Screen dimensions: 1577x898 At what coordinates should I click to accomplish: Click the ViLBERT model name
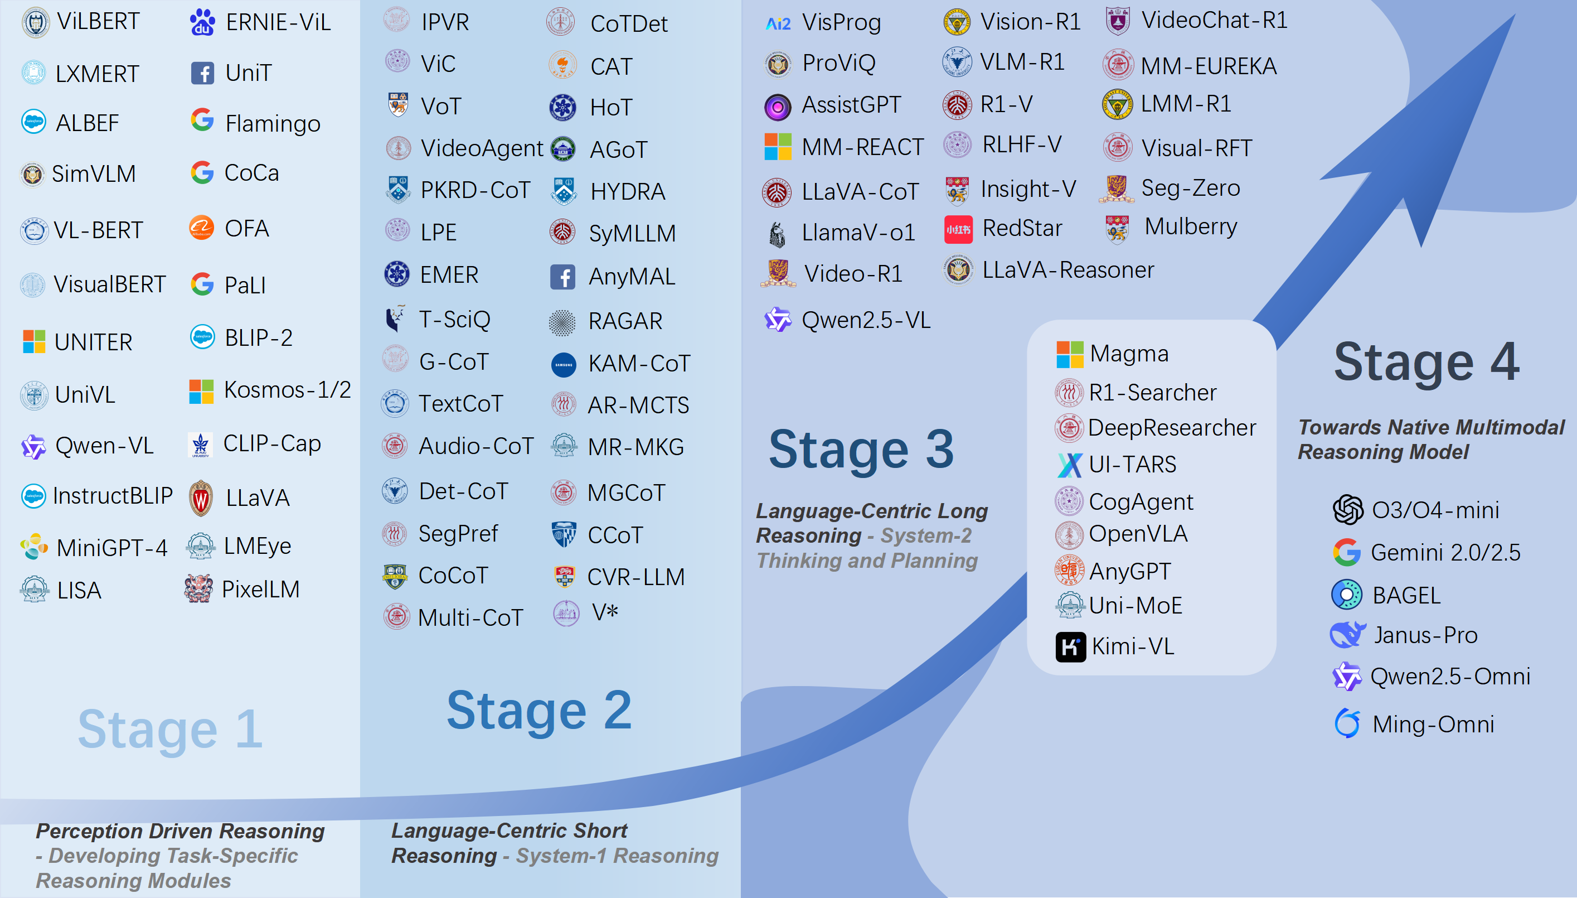pyautogui.click(x=99, y=22)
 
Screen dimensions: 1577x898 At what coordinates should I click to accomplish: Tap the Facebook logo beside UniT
pyautogui.click(x=202, y=73)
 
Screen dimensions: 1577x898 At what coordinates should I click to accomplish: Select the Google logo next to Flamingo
pyautogui.click(x=202, y=120)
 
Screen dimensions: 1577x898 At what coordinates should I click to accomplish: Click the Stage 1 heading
pyautogui.click(x=170, y=729)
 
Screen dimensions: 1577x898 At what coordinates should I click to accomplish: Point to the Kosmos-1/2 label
pyautogui.click(x=287, y=390)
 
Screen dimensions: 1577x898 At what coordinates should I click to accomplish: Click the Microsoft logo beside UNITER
pyautogui.click(x=34, y=341)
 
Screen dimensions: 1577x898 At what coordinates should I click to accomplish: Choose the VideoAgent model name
pyautogui.click(x=482, y=148)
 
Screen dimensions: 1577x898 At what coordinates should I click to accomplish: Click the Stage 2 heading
pyautogui.click(x=539, y=711)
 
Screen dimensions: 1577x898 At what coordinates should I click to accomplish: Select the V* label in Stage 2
pyautogui.click(x=605, y=612)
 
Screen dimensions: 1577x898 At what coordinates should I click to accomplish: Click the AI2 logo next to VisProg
pyautogui.click(x=778, y=23)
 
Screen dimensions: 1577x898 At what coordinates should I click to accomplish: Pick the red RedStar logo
pyautogui.click(x=958, y=229)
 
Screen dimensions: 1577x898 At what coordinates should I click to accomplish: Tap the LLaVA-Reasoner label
pyautogui.click(x=1068, y=270)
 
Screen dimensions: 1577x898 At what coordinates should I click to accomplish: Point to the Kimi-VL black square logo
pyautogui.click(x=1070, y=647)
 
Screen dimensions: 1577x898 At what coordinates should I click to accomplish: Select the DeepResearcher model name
pyautogui.click(x=1172, y=427)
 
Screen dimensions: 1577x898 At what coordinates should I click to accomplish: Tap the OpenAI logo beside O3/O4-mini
pyautogui.click(x=1348, y=510)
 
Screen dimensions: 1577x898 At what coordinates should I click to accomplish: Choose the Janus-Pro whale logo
pyautogui.click(x=1348, y=634)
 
